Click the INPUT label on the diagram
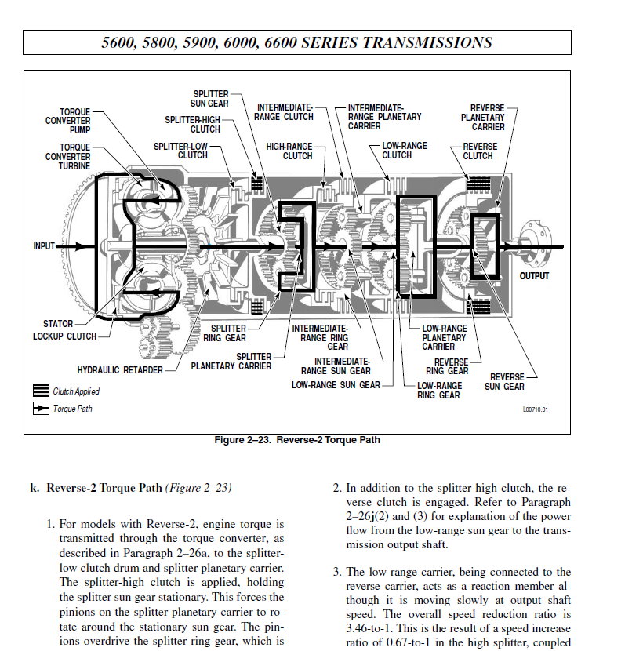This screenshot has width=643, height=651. [x=44, y=246]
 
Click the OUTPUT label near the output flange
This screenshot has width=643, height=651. [x=535, y=276]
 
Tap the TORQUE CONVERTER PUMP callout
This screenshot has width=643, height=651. [x=69, y=121]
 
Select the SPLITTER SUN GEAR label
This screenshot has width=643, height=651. [x=209, y=98]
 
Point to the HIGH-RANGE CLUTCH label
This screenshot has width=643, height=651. [x=289, y=151]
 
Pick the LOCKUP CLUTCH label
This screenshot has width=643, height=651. [x=65, y=336]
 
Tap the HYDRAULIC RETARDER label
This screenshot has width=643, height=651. [x=120, y=369]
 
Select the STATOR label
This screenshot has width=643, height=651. [x=58, y=323]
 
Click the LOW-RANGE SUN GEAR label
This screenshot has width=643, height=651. [x=336, y=385]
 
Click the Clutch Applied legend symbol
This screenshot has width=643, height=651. [x=41, y=391]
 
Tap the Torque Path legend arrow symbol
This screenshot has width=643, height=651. [x=41, y=409]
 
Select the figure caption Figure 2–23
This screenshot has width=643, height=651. [x=297, y=440]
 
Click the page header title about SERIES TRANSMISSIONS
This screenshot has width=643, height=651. [x=297, y=42]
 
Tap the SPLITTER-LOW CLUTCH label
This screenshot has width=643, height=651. [x=181, y=151]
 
